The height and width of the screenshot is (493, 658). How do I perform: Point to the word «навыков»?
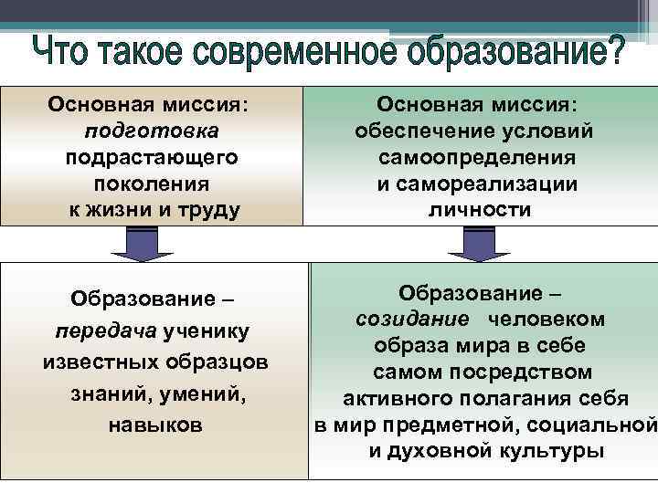point(155,425)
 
